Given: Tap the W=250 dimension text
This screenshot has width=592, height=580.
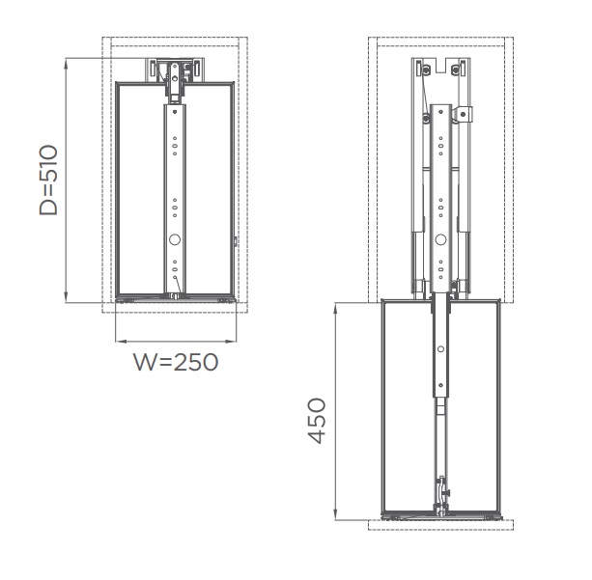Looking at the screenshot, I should click(175, 363).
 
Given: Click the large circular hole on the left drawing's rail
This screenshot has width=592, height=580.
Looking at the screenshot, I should click(175, 240).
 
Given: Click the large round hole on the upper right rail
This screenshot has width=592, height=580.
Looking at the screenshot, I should click(440, 238).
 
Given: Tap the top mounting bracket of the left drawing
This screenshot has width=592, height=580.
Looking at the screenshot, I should click(175, 71).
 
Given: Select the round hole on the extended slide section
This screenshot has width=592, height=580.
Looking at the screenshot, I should click(440, 349).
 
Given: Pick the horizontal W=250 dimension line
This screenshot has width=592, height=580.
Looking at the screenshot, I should click(175, 342).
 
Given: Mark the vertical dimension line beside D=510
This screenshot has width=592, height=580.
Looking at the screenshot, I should click(66, 180).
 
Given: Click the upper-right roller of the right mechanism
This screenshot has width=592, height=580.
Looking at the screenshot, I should click(456, 71).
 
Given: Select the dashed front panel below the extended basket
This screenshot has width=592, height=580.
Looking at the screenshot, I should click(440, 526).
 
